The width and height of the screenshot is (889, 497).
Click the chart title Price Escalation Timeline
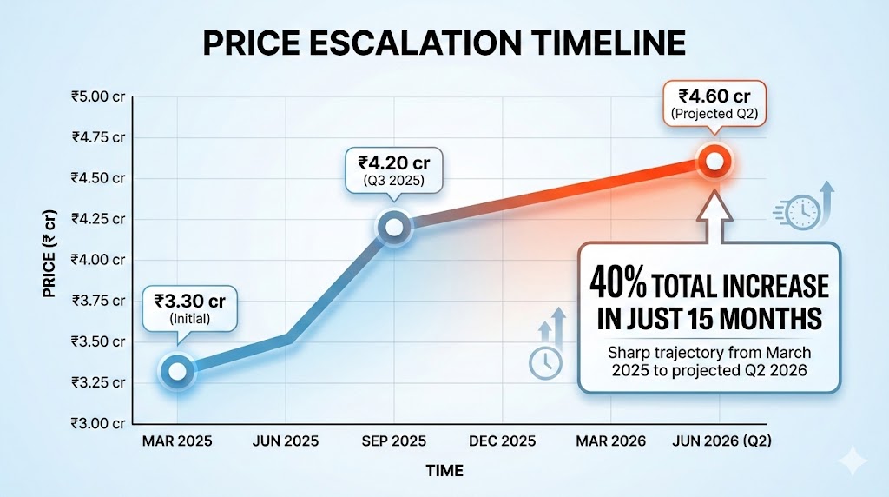pyautogui.click(x=444, y=42)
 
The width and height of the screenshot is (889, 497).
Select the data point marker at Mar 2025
pyautogui.click(x=177, y=371)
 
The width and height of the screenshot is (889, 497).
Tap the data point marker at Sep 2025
pyautogui.click(x=393, y=227)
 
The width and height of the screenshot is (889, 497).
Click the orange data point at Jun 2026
pyautogui.click(x=714, y=161)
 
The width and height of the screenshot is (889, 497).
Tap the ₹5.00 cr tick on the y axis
pyautogui.click(x=98, y=97)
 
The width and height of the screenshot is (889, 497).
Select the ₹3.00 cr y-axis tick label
pyautogui.click(x=98, y=423)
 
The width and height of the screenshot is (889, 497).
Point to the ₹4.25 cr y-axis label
pyautogui.click(x=98, y=219)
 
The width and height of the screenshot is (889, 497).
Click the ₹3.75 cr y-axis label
pyautogui.click(x=98, y=301)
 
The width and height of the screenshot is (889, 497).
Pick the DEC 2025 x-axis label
pyautogui.click(x=502, y=441)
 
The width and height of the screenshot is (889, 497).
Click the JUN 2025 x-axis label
pyautogui.click(x=286, y=441)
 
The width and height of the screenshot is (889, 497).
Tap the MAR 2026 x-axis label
pyautogui.click(x=611, y=441)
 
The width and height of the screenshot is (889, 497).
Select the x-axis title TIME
pyautogui.click(x=444, y=471)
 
